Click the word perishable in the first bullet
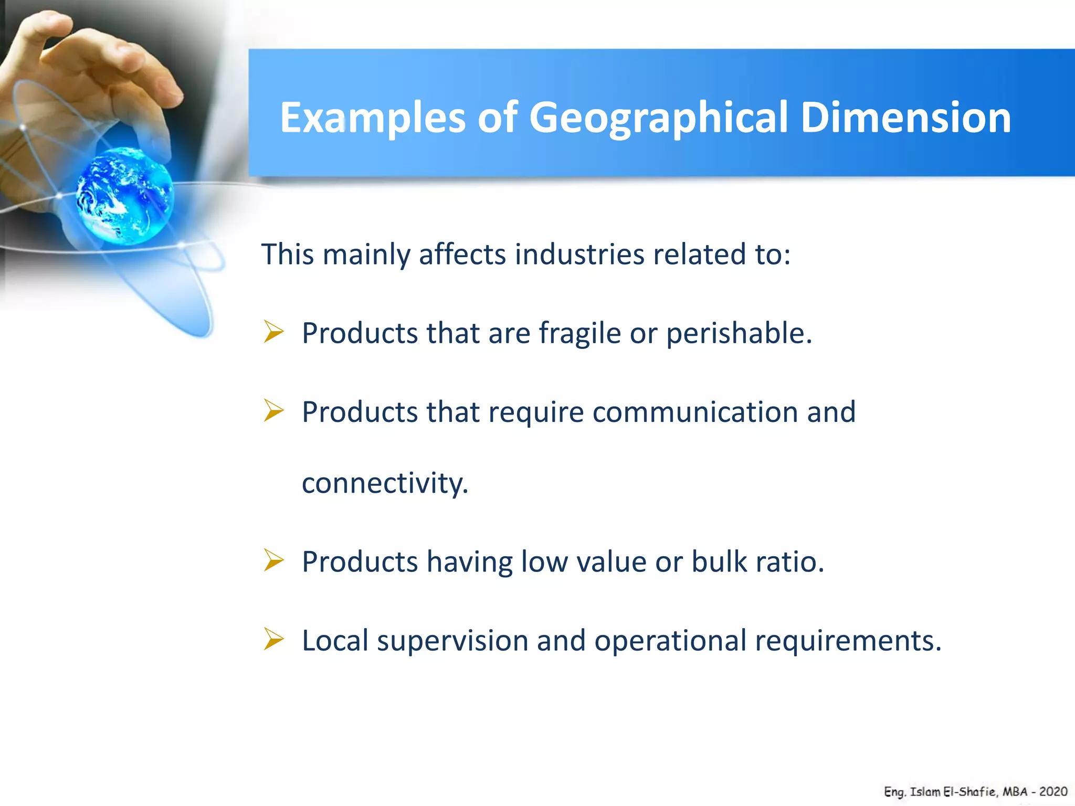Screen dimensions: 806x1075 [x=739, y=334]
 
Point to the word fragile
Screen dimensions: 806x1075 [x=579, y=334]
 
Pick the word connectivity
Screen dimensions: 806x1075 [x=385, y=483]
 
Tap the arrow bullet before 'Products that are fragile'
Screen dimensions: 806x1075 [x=273, y=332]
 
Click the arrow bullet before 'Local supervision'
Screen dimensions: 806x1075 [x=273, y=639]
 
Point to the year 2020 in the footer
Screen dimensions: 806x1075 [x=1053, y=792]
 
